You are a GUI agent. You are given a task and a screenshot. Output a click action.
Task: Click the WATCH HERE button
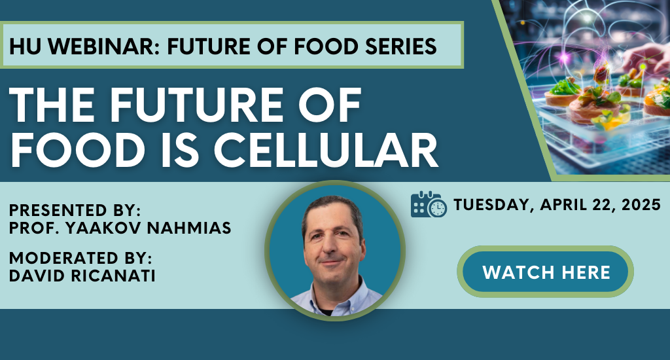(545, 272)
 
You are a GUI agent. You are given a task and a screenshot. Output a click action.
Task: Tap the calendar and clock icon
(429, 204)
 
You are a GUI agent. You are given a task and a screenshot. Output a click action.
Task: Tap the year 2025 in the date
(641, 205)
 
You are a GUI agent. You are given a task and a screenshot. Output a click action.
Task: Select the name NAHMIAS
(189, 228)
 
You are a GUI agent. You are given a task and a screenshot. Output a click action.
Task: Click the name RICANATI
(113, 276)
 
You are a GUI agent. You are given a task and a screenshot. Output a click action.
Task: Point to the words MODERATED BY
(80, 259)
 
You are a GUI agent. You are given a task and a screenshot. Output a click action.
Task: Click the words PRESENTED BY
(75, 210)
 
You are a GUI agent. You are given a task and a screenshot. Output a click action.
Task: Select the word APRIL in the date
(563, 205)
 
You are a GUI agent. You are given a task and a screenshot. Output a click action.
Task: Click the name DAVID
(37, 276)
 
